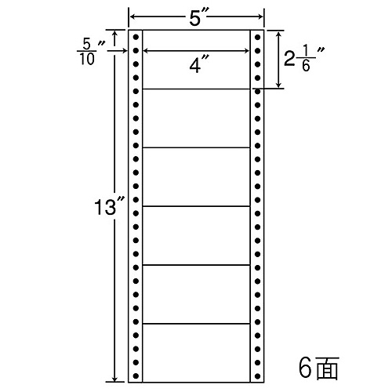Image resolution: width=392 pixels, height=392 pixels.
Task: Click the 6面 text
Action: pyautogui.click(x=319, y=368)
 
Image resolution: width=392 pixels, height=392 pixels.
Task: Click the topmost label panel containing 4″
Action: pyautogui.click(x=196, y=60)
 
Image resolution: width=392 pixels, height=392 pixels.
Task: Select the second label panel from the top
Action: pyautogui.click(x=196, y=118)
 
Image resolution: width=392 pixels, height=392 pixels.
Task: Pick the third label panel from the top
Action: pyautogui.click(x=196, y=177)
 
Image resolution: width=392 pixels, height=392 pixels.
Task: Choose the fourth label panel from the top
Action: pyautogui.click(x=196, y=236)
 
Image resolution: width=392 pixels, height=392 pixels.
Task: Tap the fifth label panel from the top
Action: pyautogui.click(x=196, y=295)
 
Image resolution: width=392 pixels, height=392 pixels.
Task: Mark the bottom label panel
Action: pyautogui.click(x=196, y=353)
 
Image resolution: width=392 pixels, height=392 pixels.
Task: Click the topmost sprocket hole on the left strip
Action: pyautogui.click(x=136, y=37)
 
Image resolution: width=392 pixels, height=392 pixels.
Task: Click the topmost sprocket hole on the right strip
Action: pyautogui.click(x=257, y=37)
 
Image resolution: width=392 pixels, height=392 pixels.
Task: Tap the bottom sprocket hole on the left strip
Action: pyautogui.click(x=136, y=376)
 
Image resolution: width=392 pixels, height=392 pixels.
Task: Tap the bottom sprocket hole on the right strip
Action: pyautogui.click(x=257, y=376)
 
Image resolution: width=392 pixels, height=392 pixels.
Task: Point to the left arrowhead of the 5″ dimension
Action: pyautogui.click(x=132, y=17)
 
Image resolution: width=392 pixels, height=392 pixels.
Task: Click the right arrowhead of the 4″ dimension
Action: pyautogui.click(x=247, y=51)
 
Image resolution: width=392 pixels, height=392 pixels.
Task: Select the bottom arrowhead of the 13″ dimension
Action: pyautogui.click(x=114, y=379)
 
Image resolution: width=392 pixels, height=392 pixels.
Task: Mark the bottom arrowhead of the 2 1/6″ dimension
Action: pyautogui.click(x=279, y=85)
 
